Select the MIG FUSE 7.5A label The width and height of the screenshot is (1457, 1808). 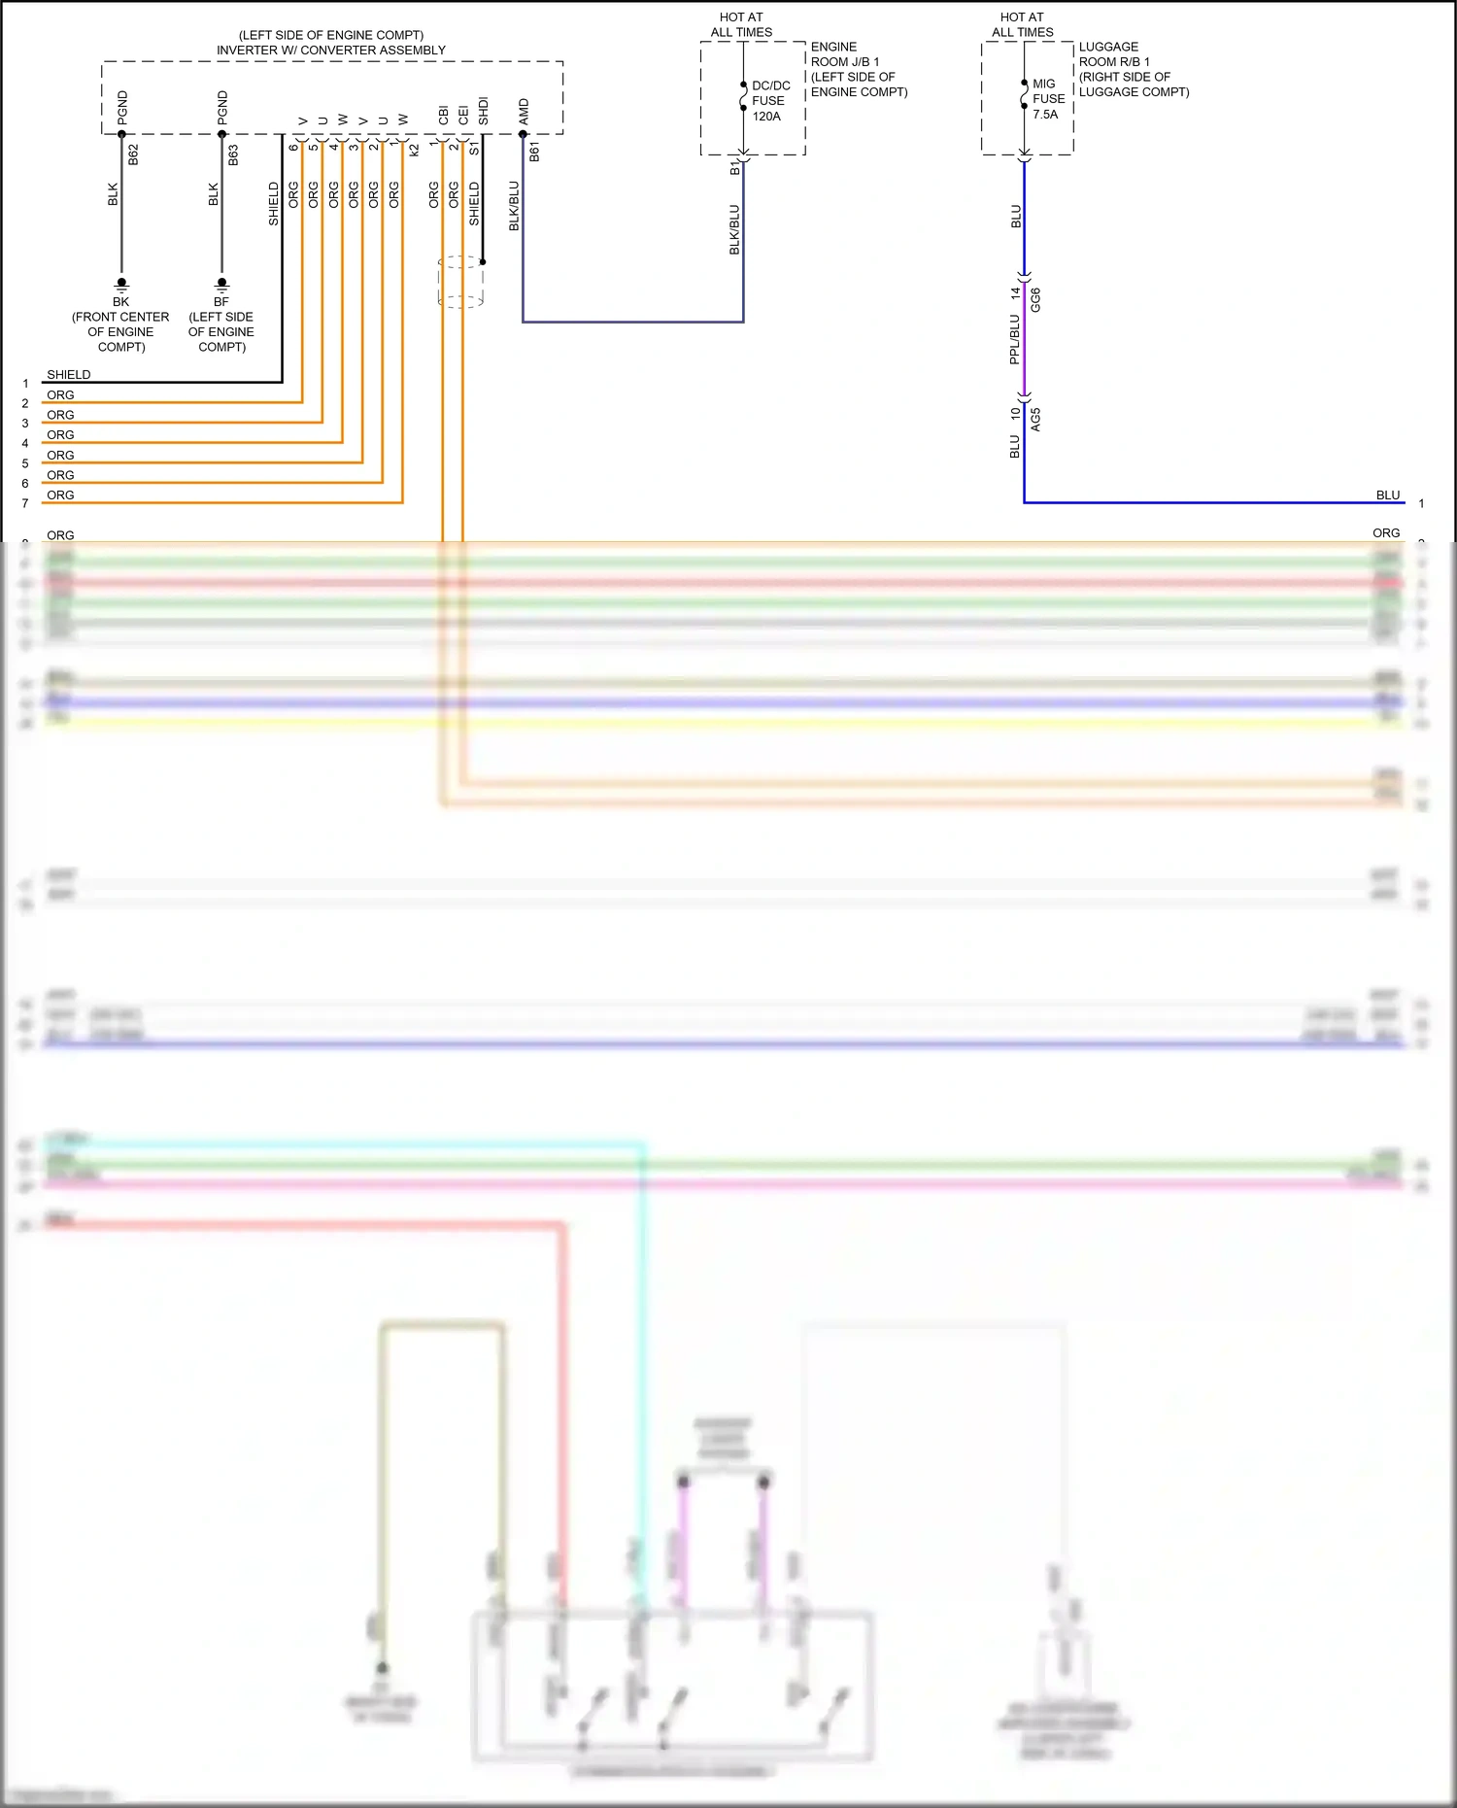tap(1047, 99)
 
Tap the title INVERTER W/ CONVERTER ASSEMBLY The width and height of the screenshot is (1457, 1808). tap(331, 50)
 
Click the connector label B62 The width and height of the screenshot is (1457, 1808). tap(134, 154)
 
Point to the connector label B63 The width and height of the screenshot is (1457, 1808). tap(234, 154)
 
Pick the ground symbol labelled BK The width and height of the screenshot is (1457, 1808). tap(121, 285)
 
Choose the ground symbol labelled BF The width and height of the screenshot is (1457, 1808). tap(221, 285)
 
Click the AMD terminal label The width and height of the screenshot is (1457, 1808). tap(524, 111)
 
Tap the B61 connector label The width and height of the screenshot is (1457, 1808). tap(534, 152)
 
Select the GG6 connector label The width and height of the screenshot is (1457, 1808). tap(1035, 299)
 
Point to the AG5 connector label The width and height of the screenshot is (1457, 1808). tap(1035, 420)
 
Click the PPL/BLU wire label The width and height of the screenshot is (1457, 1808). tap(1014, 339)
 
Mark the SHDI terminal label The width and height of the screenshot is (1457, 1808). tap(483, 111)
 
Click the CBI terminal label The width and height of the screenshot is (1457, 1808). tap(443, 115)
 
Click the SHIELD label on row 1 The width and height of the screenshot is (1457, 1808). tap(68, 374)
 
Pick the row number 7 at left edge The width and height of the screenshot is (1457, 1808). tap(25, 503)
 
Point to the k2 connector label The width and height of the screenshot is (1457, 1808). tap(415, 150)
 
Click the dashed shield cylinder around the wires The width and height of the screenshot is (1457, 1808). tap(460, 282)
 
